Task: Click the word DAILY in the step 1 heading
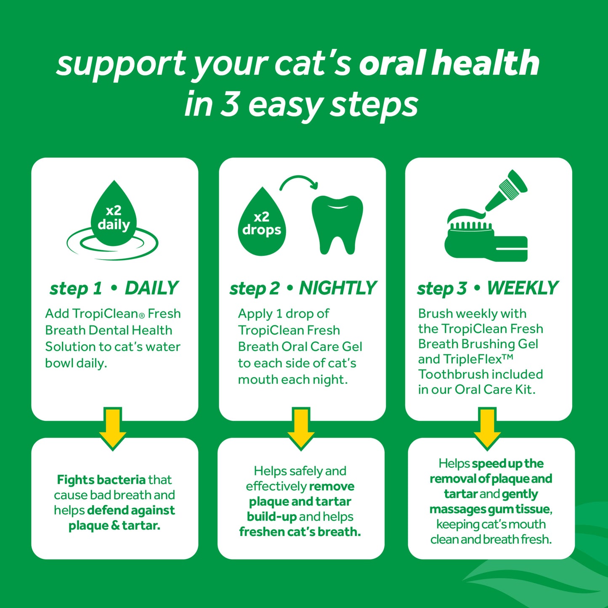click(152, 289)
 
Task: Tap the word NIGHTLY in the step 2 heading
click(337, 289)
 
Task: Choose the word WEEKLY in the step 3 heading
click(523, 289)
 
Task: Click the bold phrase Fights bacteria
click(101, 480)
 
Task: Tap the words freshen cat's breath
click(300, 532)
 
